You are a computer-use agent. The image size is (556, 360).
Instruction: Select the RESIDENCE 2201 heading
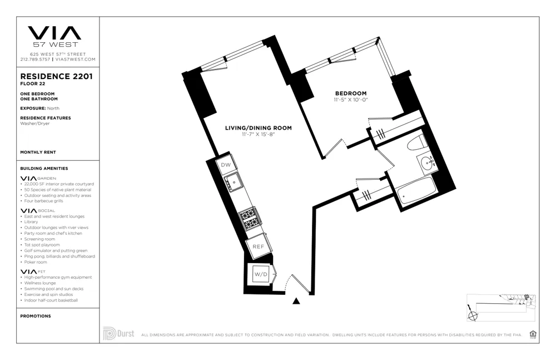pyautogui.click(x=56, y=76)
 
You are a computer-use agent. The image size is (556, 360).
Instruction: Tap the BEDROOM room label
pyautogui.click(x=350, y=93)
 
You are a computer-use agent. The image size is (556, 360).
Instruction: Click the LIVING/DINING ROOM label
pyautogui.click(x=258, y=128)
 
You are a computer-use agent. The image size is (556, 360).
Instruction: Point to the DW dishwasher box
pyautogui.click(x=226, y=165)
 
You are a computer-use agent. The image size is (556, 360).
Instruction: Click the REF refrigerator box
pyautogui.click(x=258, y=246)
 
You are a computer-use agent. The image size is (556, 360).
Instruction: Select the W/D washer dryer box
pyautogui.click(x=260, y=274)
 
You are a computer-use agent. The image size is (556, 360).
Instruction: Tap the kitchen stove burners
pyautogui.click(x=249, y=218)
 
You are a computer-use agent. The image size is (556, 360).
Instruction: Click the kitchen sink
pyautogui.click(x=234, y=181)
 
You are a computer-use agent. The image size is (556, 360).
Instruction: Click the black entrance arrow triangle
pyautogui.click(x=296, y=302)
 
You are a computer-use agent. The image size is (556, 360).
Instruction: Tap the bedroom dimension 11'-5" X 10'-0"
pyautogui.click(x=351, y=100)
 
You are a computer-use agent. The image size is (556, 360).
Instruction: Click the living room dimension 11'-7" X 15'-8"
pyautogui.click(x=258, y=135)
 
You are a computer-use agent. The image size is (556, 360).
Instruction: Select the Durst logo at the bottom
pyautogui.click(x=118, y=333)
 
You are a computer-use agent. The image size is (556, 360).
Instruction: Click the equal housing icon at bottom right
pyautogui.click(x=533, y=334)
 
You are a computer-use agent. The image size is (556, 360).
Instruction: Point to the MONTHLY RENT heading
pyautogui.click(x=38, y=152)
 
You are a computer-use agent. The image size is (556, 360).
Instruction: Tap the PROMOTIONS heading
pyautogui.click(x=35, y=316)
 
